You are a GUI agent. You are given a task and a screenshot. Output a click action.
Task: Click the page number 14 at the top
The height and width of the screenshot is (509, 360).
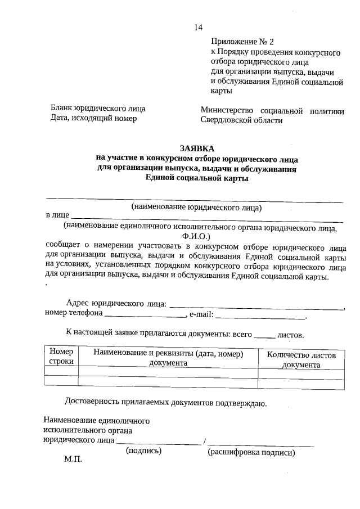(197, 28)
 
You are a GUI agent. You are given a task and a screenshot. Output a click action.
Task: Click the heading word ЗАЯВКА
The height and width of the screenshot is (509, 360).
(197, 148)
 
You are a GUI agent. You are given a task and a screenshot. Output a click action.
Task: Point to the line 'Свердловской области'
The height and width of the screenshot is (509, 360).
(241, 120)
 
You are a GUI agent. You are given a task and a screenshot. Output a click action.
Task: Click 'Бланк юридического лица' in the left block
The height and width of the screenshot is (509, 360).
(98, 109)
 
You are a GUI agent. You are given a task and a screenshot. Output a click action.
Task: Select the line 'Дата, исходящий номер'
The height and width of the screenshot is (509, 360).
(93, 118)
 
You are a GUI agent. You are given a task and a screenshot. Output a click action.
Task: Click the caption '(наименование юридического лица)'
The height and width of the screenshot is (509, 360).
(197, 207)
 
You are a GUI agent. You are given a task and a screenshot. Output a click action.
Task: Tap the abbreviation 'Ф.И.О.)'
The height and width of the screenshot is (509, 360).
(196, 236)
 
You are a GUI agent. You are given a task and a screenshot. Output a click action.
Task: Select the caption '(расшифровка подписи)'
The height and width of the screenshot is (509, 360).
(251, 452)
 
